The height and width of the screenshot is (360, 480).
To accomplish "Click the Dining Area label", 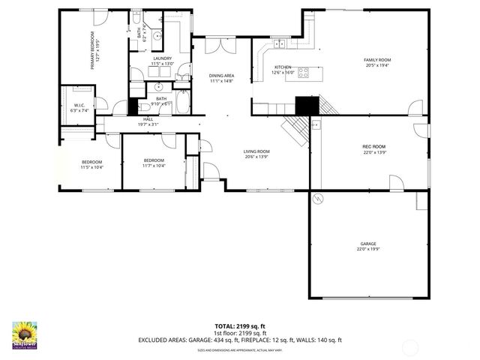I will pos(222,75).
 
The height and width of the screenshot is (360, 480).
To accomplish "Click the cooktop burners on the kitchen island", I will pos(304,73).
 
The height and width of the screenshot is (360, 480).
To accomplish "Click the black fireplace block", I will pos(306,106).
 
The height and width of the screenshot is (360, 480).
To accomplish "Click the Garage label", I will pos(367,244).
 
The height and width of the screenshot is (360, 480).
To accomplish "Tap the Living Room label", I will pos(256,152).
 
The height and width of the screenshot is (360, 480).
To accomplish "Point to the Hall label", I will pos(148,120).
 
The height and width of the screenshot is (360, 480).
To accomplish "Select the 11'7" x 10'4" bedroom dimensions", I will pos(154,166).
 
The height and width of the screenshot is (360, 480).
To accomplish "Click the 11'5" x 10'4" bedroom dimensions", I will pos(91,166).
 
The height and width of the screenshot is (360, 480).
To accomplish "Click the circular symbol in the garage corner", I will pos(318,198).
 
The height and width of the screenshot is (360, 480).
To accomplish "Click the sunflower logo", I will pos(25,334).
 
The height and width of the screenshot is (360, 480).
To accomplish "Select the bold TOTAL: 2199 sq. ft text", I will pos(240,326).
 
